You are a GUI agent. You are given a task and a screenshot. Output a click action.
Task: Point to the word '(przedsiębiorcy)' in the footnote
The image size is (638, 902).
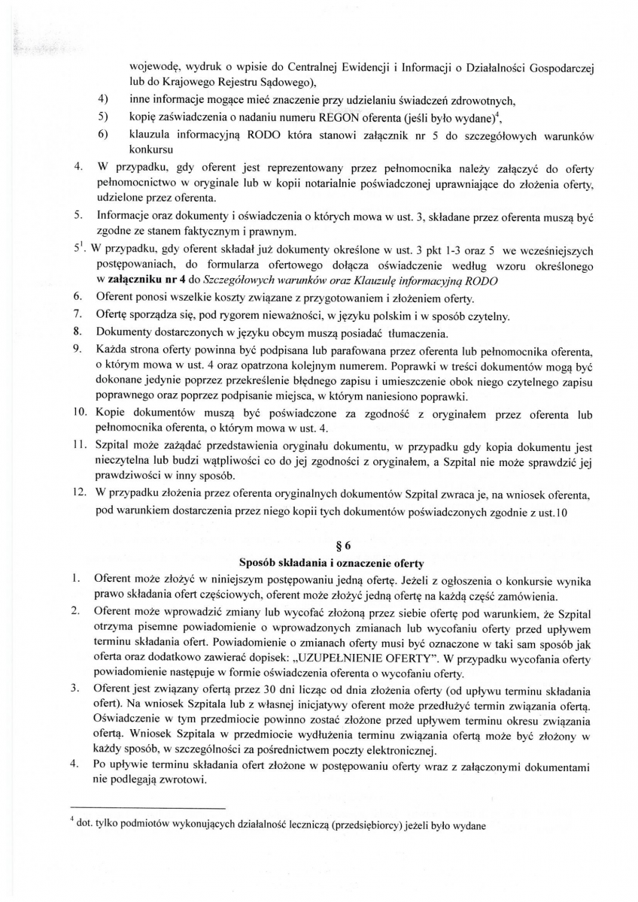click(366, 824)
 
